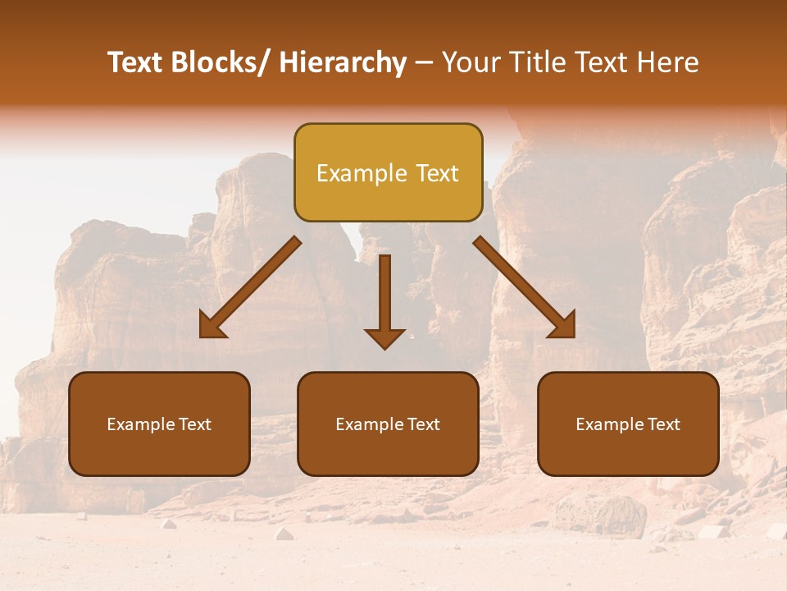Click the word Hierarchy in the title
[x=343, y=62]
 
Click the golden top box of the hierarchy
[x=388, y=172]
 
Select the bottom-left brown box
[x=159, y=424]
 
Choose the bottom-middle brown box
[x=388, y=424]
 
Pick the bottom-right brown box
[x=628, y=424]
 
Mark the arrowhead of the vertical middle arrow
[x=384, y=338]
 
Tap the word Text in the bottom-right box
[x=663, y=424]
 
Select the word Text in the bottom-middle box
[x=423, y=424]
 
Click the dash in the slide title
[x=424, y=63]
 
